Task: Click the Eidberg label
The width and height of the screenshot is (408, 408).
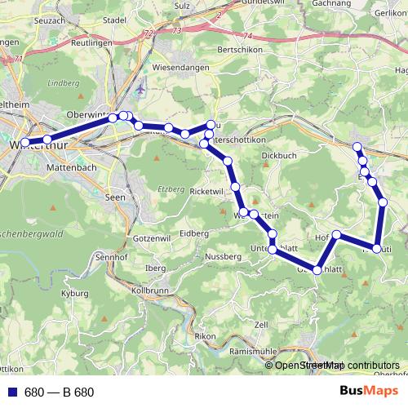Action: pos(193,233)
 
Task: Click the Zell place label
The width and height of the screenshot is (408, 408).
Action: pos(261,325)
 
